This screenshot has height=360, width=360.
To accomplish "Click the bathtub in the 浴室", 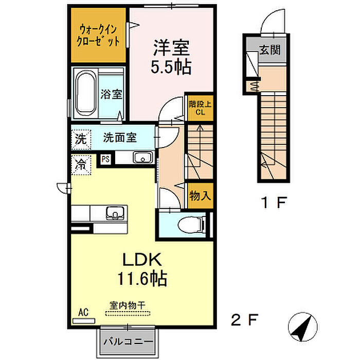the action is click(85, 94).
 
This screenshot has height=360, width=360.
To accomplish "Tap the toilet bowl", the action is click(191, 224).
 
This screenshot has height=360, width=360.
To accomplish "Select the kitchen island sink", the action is click(115, 212).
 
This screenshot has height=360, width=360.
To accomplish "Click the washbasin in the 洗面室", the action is click(142, 157).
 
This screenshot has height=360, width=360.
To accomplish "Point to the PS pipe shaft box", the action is click(105, 159).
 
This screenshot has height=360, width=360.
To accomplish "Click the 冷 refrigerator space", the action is click(81, 165).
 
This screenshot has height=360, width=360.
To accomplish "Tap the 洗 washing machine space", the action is click(81, 139).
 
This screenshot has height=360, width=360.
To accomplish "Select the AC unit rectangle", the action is click(83, 321).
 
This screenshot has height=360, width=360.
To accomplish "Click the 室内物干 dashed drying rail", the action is click(128, 313).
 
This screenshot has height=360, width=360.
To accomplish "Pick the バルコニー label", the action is click(128, 342).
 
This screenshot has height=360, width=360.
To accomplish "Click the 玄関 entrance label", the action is click(270, 50).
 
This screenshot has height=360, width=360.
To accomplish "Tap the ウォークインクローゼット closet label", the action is click(98, 35).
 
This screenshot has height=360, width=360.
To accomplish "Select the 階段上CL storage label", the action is click(200, 108).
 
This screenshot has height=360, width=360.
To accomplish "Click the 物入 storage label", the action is click(200, 196).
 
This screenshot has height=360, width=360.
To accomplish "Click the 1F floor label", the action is click(274, 202).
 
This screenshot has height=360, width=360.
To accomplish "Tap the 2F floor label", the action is click(244, 320).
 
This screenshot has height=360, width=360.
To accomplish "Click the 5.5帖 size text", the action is click(171, 67).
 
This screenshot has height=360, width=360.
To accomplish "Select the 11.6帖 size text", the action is click(142, 279).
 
